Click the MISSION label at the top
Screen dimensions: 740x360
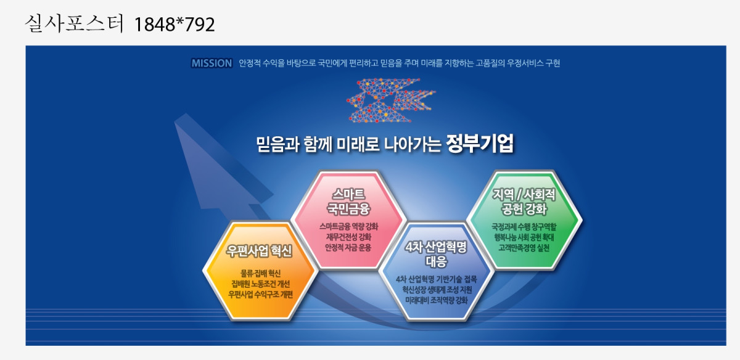tap(212, 63)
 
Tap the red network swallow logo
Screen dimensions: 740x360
tap(391, 100)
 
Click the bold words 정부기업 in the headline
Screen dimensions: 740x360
tap(480, 144)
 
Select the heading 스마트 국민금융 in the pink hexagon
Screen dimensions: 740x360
tap(348, 202)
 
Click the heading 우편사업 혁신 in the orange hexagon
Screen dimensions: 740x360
tap(260, 251)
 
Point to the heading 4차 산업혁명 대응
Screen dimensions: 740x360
tap(436, 253)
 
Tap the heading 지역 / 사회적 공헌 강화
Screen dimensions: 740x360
tap(524, 202)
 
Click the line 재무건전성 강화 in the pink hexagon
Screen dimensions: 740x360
tap(348, 237)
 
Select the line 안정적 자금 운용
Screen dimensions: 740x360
tap(348, 247)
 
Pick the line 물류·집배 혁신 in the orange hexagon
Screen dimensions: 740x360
tap(260, 273)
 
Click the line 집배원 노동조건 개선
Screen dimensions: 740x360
tap(260, 284)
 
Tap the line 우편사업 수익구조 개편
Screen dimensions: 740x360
tap(260, 294)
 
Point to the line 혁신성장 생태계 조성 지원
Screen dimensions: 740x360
tap(437, 290)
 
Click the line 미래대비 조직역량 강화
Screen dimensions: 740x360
tap(437, 300)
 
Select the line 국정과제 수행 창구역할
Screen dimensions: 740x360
tap(524, 227)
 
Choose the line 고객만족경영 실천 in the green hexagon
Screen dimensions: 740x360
tap(524, 248)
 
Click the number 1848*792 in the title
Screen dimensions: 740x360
tap(175, 24)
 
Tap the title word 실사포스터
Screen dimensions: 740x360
tap(74, 23)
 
